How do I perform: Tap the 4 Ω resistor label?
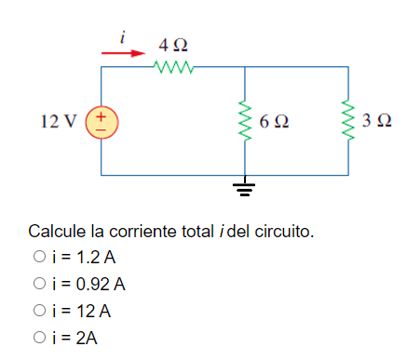pyautogui.click(x=173, y=45)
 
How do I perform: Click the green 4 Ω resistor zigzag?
pyautogui.click(x=172, y=67)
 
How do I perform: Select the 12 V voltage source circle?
pyautogui.click(x=101, y=121)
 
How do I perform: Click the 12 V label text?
pyautogui.click(x=58, y=121)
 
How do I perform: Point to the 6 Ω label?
pyautogui.click(x=275, y=121)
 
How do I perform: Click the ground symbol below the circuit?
pyautogui.click(x=244, y=192)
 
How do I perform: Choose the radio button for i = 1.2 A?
pyautogui.click(x=38, y=257)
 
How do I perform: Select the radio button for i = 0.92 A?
pyautogui.click(x=38, y=284)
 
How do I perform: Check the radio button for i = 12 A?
pyautogui.click(x=38, y=311)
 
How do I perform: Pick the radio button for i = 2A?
pyautogui.click(x=38, y=338)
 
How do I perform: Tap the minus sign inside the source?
pyautogui.click(x=101, y=129)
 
